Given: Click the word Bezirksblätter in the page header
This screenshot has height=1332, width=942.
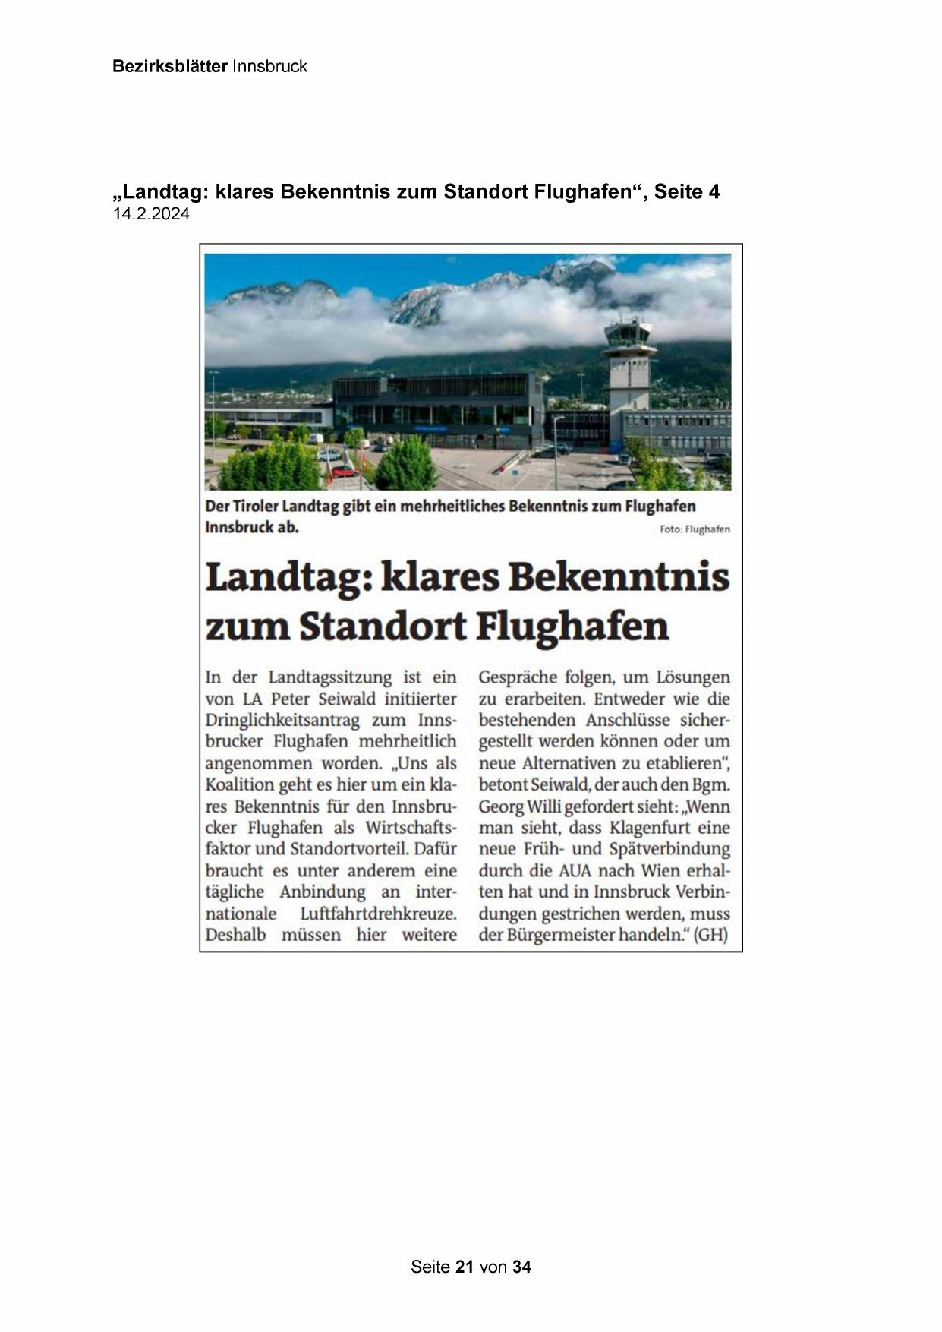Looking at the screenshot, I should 169,66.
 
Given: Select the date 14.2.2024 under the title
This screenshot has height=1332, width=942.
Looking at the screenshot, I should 151,214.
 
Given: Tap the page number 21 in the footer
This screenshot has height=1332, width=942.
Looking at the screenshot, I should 465,1266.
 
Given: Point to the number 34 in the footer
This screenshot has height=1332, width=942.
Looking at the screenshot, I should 521,1266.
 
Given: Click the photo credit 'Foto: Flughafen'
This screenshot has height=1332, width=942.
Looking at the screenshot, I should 695,529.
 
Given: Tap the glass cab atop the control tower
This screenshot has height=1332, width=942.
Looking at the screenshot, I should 627,332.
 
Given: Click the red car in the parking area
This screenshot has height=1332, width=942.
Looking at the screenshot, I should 344,471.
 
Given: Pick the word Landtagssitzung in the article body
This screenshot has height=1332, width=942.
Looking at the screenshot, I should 330,677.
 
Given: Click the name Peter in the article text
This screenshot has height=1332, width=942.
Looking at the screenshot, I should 289,699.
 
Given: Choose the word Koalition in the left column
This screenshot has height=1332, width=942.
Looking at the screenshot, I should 238,784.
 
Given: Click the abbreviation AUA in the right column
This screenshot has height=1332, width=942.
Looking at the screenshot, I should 572,870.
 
